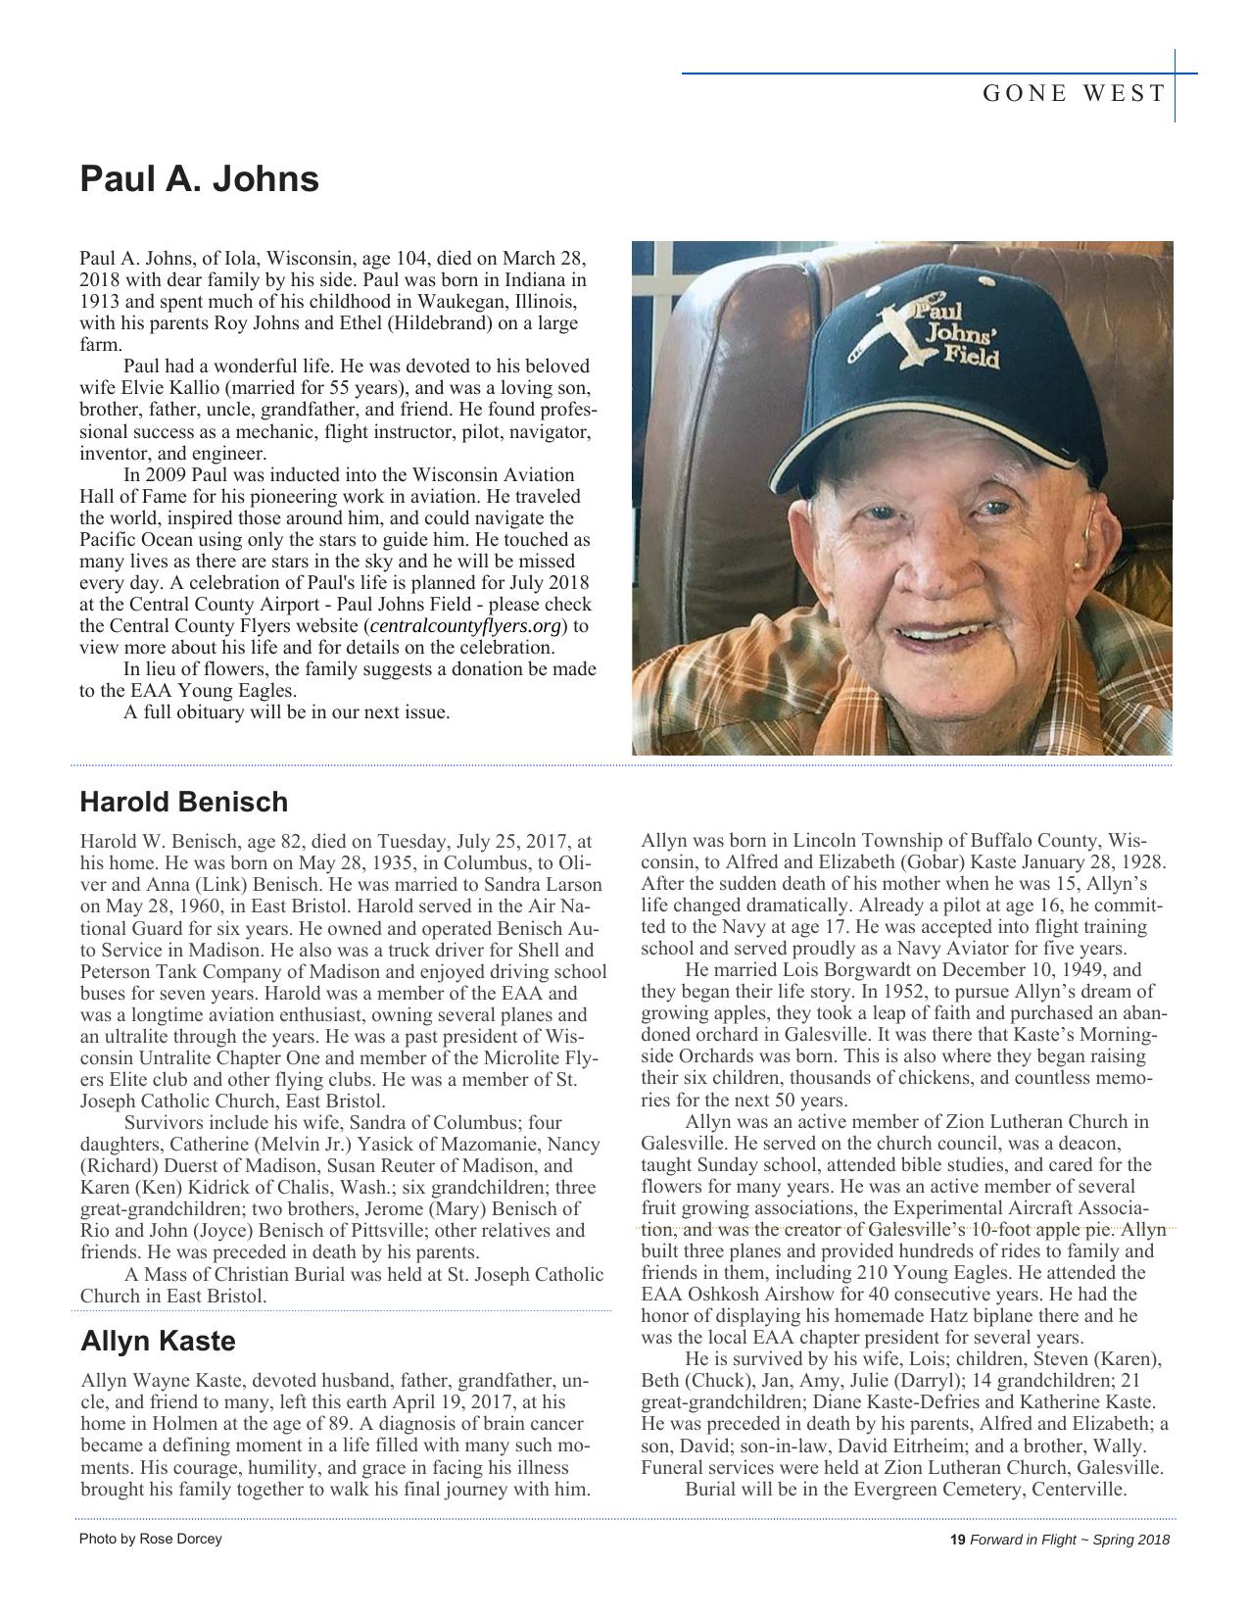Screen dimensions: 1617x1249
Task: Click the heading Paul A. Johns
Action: point(199,179)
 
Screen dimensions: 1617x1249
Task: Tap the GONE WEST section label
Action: point(1074,94)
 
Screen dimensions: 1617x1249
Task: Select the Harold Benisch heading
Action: point(183,802)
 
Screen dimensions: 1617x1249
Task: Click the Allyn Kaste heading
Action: point(158,1341)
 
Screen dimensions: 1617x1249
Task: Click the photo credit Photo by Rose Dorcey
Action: point(150,1539)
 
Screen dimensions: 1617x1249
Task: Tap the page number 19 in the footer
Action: point(957,1540)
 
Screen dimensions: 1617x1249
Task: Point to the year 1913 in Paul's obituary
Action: point(99,302)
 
